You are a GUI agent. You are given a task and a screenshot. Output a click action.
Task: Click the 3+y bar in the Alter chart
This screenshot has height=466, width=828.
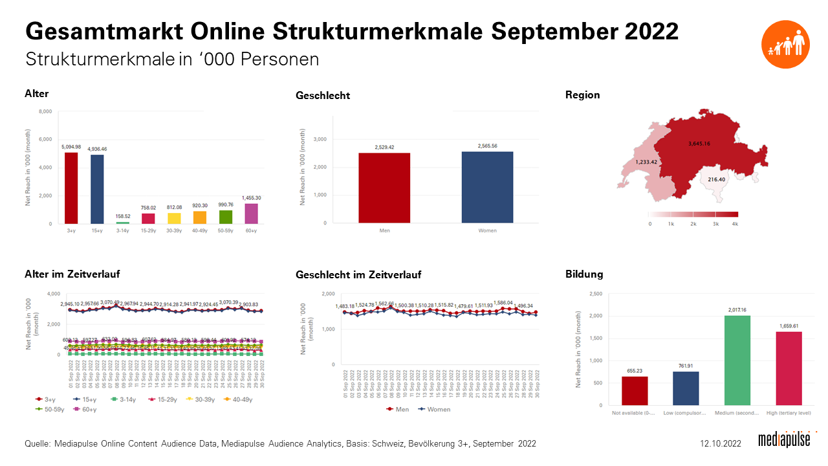point(71,188)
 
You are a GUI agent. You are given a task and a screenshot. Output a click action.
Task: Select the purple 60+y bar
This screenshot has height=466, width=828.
point(250,214)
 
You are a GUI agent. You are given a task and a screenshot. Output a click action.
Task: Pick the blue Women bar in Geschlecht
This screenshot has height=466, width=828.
point(487,188)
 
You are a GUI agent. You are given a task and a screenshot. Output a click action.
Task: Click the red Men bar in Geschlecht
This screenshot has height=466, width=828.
point(384,188)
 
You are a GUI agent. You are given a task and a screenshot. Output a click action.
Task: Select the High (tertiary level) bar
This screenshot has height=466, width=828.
point(789,368)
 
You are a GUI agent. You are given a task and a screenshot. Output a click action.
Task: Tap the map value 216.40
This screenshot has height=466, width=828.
point(716,179)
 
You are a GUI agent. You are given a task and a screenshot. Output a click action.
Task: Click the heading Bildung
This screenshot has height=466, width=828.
point(583,274)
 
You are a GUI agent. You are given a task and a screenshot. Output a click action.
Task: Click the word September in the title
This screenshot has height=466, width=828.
point(539,30)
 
